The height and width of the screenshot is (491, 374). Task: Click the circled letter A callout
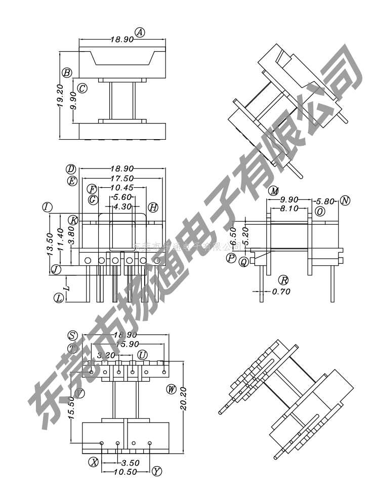point(140,33)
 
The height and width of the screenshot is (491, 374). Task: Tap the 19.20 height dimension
point(60,95)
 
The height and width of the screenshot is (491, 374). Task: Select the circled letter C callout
point(82,88)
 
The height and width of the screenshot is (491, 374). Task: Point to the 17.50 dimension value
point(121,178)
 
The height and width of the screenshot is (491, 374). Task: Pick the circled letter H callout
point(153,207)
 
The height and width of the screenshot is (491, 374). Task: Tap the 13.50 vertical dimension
point(50,244)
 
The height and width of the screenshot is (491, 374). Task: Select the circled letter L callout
point(59,298)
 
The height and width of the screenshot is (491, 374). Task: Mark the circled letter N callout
point(345,200)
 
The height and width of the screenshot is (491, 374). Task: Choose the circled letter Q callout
point(244,262)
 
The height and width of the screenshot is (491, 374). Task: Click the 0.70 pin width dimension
point(281,292)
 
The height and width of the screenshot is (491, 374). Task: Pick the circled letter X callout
point(93,462)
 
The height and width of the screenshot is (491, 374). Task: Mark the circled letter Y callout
point(157,471)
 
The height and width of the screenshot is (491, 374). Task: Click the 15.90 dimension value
point(127,344)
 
